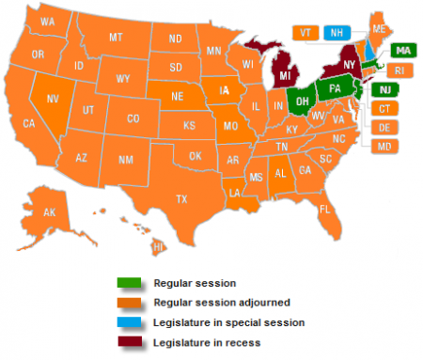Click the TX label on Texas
click(x=181, y=198)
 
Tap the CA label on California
click(x=29, y=123)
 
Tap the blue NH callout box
click(x=335, y=32)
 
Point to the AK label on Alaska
click(x=50, y=212)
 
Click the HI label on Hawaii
click(x=158, y=246)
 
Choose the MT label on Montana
click(x=117, y=38)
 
